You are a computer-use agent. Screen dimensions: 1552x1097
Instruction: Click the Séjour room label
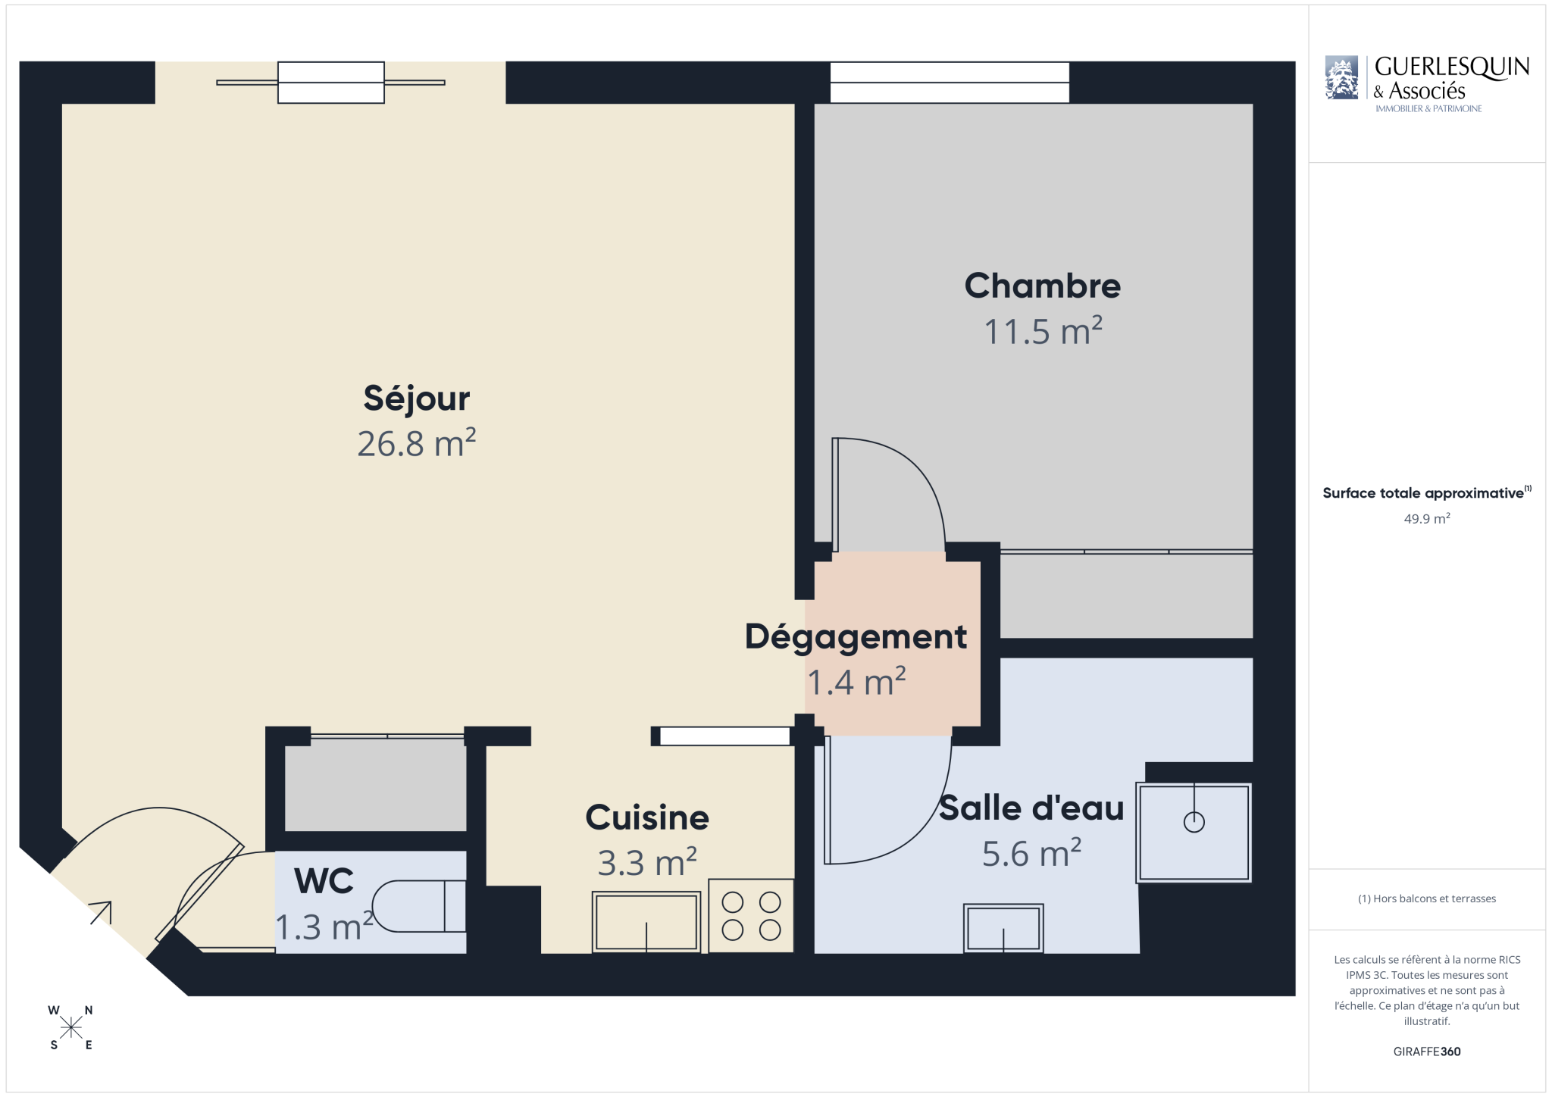(x=417, y=399)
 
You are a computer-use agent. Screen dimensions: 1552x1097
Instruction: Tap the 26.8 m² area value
(x=417, y=443)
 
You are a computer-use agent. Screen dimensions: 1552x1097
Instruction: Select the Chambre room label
(x=1042, y=286)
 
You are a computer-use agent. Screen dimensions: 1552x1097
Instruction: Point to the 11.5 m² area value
(x=1043, y=331)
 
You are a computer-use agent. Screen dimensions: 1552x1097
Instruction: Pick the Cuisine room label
(x=647, y=817)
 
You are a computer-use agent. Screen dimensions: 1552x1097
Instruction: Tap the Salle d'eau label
(x=1031, y=808)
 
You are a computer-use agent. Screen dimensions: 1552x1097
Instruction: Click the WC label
(x=324, y=881)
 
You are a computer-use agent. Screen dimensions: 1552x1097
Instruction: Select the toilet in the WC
(x=419, y=906)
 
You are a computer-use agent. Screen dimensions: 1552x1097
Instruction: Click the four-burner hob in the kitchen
(x=751, y=916)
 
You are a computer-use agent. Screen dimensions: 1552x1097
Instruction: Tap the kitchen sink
(x=646, y=922)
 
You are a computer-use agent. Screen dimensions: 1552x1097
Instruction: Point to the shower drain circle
(x=1194, y=822)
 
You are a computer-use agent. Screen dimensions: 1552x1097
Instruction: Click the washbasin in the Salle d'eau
(x=1003, y=928)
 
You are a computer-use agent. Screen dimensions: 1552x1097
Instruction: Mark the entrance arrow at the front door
(x=101, y=913)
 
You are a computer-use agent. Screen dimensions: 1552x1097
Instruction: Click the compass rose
(x=71, y=1027)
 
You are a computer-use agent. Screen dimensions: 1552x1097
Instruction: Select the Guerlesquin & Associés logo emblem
(x=1341, y=77)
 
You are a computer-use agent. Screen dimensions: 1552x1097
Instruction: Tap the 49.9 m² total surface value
(x=1427, y=519)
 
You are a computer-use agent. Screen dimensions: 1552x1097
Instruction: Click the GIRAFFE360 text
(x=1427, y=1052)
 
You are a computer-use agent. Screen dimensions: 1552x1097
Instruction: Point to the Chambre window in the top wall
(x=950, y=83)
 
